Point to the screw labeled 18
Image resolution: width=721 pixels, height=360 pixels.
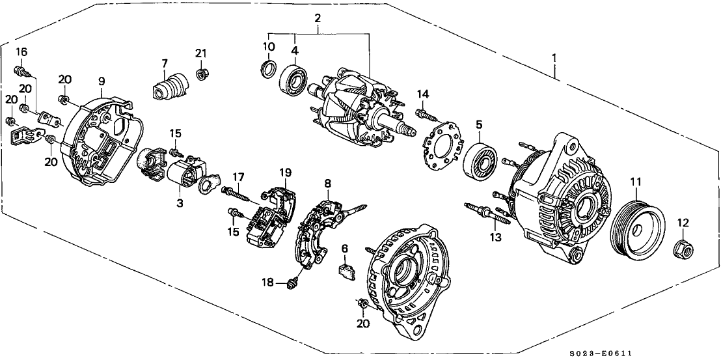(293, 282)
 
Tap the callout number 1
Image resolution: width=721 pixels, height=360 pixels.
(554, 58)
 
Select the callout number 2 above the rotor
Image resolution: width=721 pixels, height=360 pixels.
(317, 18)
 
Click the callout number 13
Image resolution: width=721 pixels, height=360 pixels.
(497, 237)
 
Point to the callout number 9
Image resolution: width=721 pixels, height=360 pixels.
(102, 81)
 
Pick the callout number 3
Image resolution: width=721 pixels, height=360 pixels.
(180, 204)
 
